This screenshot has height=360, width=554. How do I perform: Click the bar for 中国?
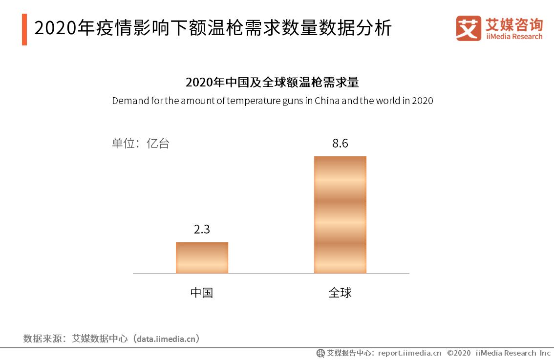tap(202, 257)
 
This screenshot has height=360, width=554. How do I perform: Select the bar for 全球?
tap(340, 214)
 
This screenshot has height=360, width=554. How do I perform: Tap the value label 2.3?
tap(202, 229)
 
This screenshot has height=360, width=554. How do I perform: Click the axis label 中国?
tap(202, 293)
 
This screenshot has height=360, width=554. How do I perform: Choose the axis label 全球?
tap(340, 293)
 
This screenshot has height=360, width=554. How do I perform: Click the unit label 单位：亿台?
tap(141, 144)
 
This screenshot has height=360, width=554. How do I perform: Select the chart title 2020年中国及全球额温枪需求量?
tap(272, 82)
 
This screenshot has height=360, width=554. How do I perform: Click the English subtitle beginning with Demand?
tap(272, 101)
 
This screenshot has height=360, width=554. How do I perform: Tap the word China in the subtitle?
tap(326, 101)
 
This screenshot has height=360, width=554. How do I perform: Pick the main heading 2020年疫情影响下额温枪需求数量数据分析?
tap(213, 28)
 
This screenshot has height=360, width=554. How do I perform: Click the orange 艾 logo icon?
tap(468, 28)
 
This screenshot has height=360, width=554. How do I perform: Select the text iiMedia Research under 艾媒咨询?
tap(514, 37)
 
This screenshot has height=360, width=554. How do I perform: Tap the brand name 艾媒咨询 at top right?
tap(514, 24)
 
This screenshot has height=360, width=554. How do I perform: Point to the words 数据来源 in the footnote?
tap(41, 338)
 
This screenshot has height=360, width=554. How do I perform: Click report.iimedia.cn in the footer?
tap(409, 353)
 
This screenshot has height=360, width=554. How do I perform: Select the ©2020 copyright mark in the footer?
tap(459, 353)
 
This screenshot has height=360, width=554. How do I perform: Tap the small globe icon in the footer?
tap(320, 353)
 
